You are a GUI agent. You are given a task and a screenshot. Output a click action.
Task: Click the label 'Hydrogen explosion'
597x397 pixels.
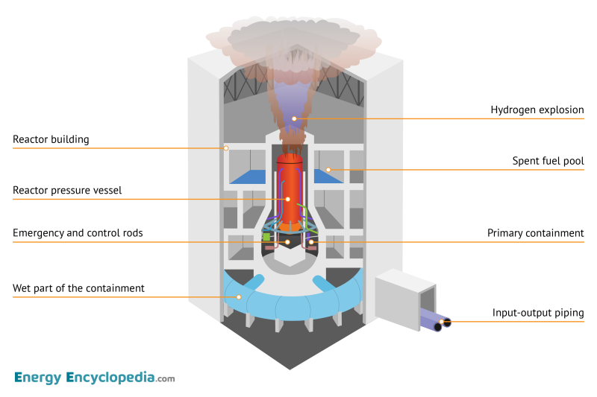point(537,110)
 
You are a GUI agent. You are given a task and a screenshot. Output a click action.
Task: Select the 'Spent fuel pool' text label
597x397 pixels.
point(548,161)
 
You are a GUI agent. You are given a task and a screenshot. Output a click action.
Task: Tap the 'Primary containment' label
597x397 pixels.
point(535,233)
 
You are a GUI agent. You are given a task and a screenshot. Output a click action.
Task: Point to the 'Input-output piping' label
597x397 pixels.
point(537,313)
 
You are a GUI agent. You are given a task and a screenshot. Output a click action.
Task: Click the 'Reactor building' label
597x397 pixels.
point(51,139)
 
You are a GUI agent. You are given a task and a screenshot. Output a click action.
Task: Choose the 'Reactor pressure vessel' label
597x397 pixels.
point(67,191)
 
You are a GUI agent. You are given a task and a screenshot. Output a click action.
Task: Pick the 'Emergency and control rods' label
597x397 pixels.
point(78,233)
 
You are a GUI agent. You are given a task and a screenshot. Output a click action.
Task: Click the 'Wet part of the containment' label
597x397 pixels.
point(78,288)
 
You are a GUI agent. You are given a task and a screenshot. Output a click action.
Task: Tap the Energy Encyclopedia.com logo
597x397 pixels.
point(94,378)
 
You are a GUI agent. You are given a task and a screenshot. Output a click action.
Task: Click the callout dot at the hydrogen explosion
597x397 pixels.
point(294,118)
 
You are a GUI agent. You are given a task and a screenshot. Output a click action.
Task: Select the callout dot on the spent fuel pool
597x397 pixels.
point(327,171)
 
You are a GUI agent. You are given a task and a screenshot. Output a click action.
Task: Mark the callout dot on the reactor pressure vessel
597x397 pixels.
point(287,200)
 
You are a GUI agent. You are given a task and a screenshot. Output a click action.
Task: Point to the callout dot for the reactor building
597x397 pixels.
point(226,148)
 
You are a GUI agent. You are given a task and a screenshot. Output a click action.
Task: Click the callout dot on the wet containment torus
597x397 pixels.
point(239,297)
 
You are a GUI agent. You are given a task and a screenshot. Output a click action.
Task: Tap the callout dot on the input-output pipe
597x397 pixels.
point(446,322)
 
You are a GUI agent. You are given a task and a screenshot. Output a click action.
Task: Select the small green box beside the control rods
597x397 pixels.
point(266,237)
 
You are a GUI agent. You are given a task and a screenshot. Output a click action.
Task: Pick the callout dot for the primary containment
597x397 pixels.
point(311,242)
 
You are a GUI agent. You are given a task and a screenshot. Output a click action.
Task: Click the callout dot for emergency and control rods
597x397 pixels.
point(287,242)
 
